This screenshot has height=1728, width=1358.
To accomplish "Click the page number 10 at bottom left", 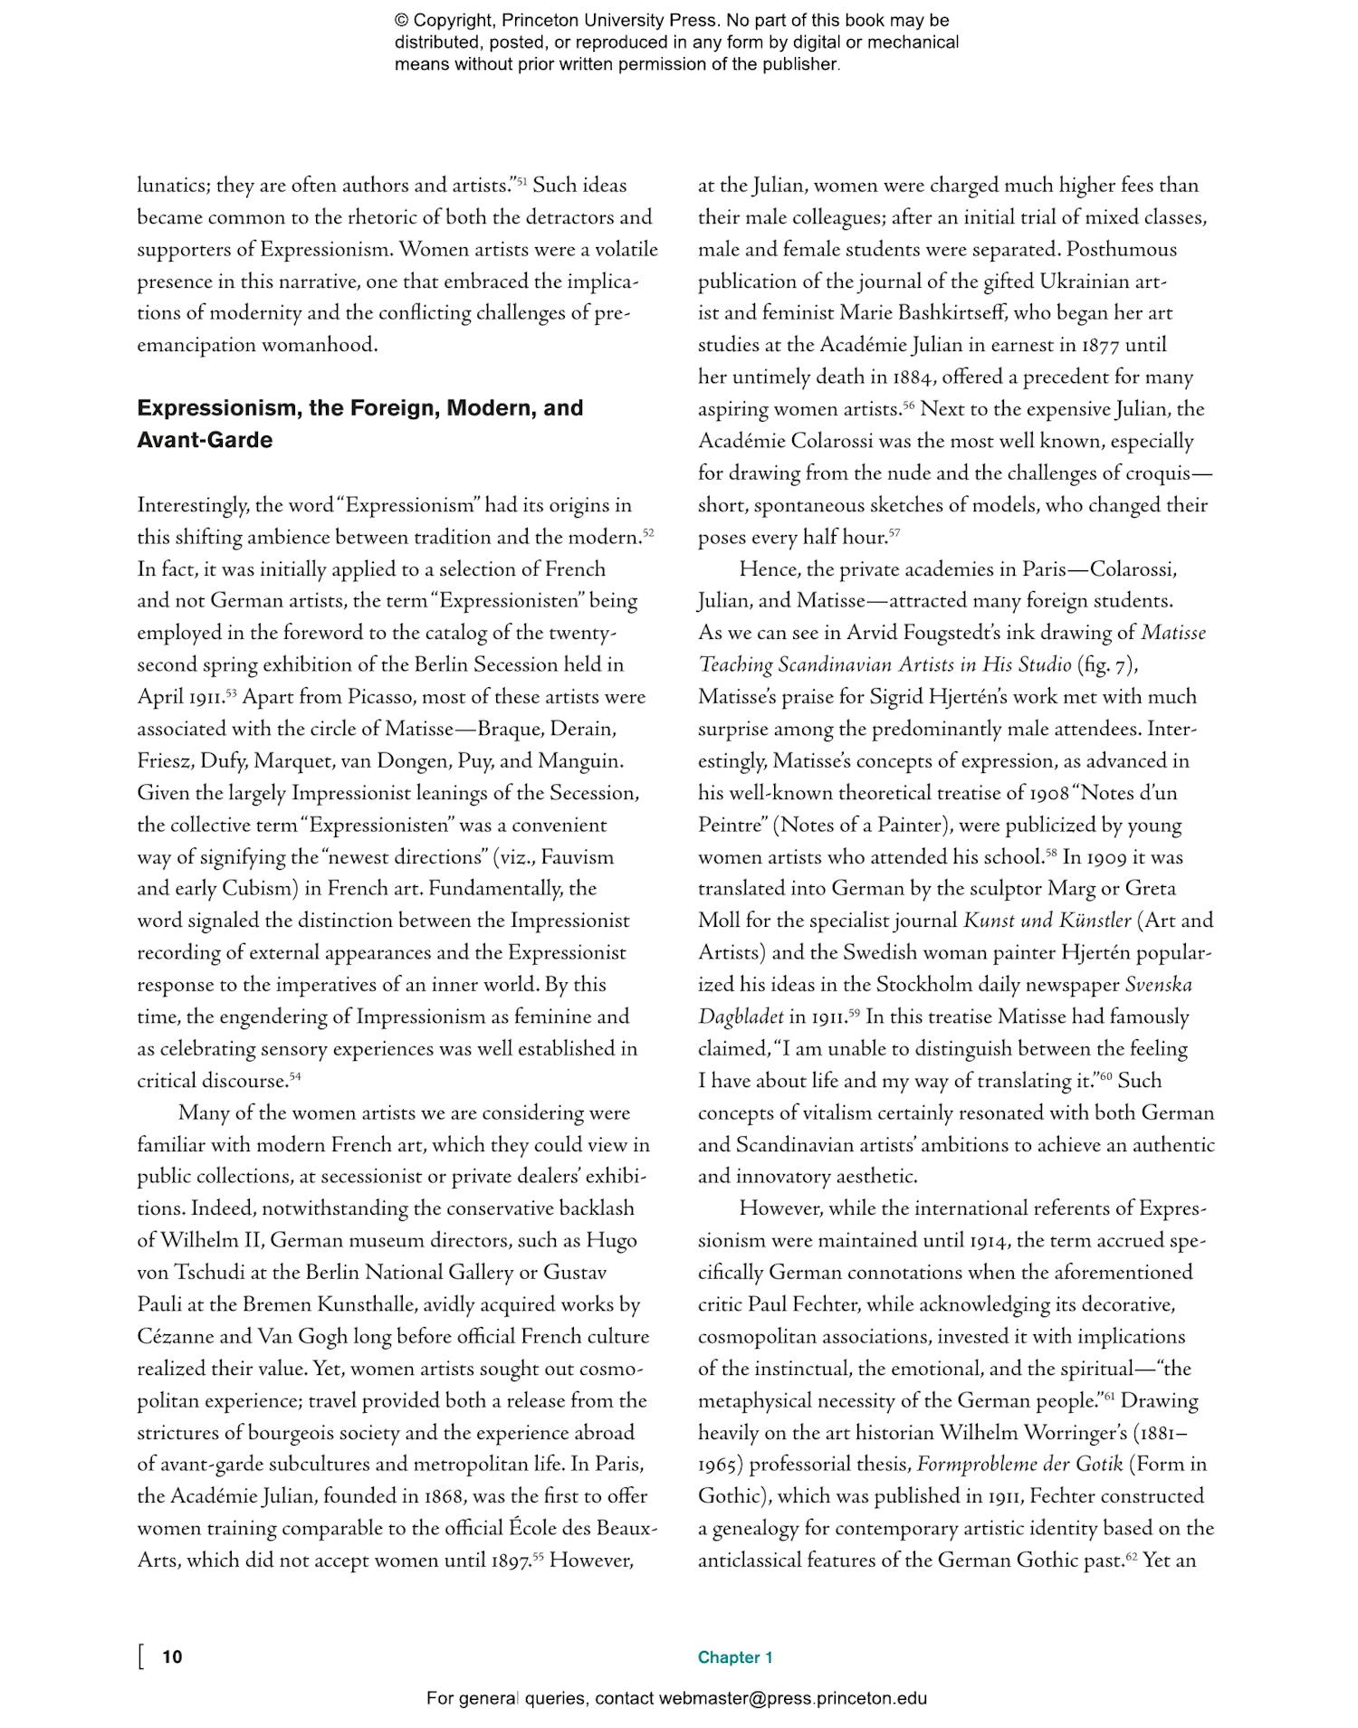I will point(172,1656).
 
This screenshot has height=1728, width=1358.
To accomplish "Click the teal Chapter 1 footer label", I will point(734,1656).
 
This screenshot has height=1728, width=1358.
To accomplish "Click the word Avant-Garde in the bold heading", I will point(205,440).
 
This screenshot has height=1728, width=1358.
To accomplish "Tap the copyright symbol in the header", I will point(401,21).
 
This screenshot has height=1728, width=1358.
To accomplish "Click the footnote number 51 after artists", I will point(521,180).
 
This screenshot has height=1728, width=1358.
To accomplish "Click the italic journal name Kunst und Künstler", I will point(1047,921).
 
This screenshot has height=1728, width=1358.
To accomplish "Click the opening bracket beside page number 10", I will point(141,1656).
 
